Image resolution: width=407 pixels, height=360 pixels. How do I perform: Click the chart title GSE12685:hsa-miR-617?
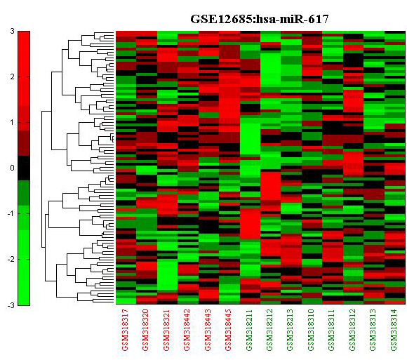(x=260, y=19)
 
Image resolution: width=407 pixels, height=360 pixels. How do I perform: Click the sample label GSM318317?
(x=126, y=330)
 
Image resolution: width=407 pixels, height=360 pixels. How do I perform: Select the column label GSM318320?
(x=146, y=330)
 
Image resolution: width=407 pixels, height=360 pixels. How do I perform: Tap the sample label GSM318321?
(x=166, y=330)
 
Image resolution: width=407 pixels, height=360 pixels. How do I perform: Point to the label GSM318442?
(x=187, y=330)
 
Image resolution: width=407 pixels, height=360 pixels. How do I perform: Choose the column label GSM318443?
(x=208, y=330)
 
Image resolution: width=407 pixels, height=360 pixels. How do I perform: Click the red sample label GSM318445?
(x=229, y=330)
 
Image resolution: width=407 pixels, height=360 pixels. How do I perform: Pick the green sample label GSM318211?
(x=249, y=330)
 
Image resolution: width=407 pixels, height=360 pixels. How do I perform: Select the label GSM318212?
(x=270, y=330)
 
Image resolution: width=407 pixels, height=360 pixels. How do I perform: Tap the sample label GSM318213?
(x=291, y=330)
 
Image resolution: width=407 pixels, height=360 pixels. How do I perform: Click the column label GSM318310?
(x=312, y=330)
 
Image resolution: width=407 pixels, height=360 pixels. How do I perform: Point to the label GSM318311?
(x=332, y=330)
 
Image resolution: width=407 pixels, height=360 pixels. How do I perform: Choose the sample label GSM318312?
(x=353, y=330)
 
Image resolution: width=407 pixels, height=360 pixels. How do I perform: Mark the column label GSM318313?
(x=373, y=330)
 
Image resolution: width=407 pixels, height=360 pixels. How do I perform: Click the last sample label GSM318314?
(x=394, y=330)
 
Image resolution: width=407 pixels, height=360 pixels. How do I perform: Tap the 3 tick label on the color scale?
(x=12, y=32)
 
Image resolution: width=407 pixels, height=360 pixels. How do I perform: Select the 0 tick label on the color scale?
(x=12, y=168)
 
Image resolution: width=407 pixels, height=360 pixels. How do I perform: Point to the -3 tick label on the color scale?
(x=11, y=305)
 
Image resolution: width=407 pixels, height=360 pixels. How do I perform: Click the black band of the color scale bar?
(x=24, y=168)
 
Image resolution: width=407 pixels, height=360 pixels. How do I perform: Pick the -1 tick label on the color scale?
(x=11, y=213)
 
